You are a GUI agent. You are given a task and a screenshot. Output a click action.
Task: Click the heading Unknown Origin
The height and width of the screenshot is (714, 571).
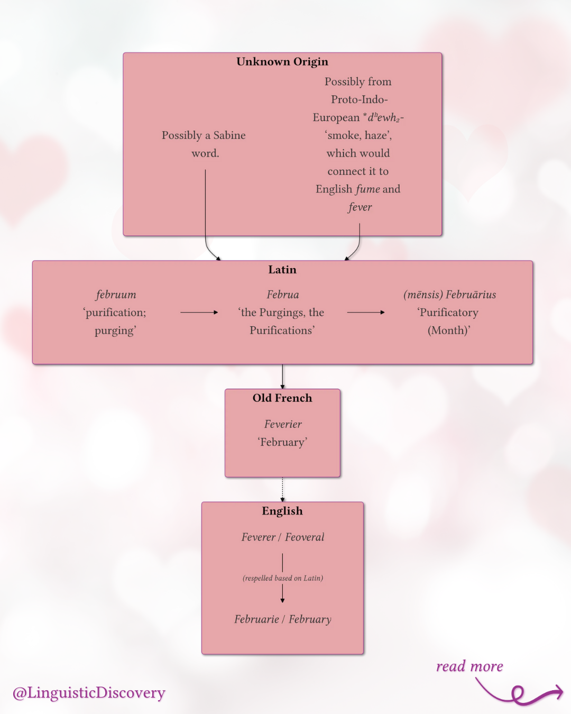point(282,62)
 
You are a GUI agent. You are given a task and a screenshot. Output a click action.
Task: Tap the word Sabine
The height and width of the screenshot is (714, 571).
point(229,135)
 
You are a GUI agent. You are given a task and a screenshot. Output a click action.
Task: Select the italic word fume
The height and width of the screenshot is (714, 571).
point(367,189)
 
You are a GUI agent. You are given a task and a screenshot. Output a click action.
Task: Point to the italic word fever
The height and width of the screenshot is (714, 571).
point(360,207)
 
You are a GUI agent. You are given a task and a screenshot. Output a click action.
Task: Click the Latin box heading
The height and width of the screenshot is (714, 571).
point(282,270)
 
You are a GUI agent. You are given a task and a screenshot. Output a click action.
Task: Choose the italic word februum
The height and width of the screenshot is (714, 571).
point(116,295)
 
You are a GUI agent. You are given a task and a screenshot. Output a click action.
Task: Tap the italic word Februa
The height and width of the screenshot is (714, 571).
point(283,295)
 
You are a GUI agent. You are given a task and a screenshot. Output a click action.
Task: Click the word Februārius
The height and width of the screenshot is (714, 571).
point(471,295)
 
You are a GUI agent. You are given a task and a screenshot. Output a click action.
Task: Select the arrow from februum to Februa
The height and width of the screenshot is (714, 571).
point(199,313)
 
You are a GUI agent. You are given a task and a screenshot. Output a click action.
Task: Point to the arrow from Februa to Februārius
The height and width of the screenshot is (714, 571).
point(366,313)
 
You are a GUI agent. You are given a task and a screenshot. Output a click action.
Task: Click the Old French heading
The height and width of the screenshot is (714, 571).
point(282,398)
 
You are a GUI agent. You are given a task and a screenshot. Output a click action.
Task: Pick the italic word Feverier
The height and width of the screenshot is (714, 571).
point(283,424)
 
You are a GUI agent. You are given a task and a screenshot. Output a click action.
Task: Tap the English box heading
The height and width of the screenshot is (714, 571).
point(282,511)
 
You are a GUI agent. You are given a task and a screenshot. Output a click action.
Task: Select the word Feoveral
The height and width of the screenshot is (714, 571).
point(305,537)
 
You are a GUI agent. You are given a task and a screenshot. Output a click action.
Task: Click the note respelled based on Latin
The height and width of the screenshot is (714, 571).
point(283,578)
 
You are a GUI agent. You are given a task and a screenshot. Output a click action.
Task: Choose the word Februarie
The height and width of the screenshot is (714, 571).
point(256,619)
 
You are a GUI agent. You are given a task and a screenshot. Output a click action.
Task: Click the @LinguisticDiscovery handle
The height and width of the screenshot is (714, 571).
point(89,693)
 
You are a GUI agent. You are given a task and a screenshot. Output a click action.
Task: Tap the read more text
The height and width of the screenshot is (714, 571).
point(469,666)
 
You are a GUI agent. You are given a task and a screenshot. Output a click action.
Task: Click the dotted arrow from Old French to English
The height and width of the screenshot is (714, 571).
point(282,489)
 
